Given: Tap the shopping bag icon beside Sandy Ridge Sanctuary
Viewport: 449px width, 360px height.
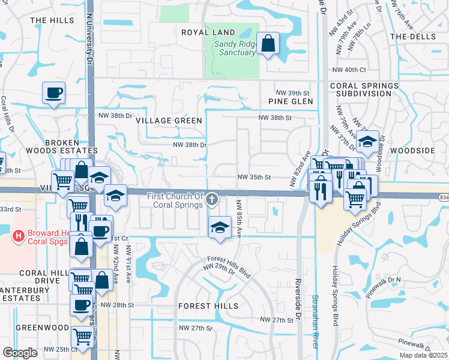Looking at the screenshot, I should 268,43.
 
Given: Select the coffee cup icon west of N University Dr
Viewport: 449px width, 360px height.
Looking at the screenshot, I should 54,93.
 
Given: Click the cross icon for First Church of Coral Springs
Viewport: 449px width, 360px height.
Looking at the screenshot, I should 211,199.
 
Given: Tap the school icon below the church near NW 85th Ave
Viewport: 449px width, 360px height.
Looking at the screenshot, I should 220,227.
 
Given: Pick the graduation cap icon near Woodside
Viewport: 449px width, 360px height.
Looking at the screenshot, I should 367,142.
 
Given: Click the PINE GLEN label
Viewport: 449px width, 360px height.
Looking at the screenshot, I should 291,102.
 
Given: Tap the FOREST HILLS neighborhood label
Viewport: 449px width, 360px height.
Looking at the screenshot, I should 208,306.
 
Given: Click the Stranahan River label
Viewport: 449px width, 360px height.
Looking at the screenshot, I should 315,320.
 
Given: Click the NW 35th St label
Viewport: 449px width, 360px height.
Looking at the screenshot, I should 255,178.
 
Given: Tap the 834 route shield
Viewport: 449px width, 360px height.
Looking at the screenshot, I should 443,196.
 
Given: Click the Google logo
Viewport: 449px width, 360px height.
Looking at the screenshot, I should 20,353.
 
